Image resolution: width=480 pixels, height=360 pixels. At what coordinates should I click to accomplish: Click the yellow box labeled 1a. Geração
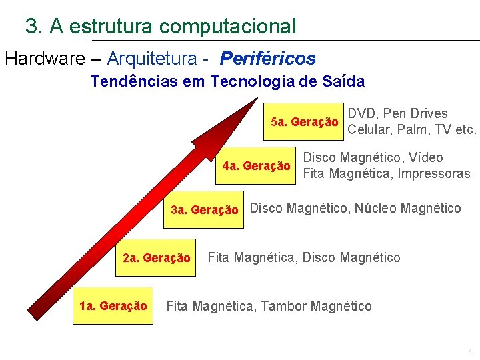[113, 306]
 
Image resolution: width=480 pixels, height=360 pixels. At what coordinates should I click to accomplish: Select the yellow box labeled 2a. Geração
[156, 258]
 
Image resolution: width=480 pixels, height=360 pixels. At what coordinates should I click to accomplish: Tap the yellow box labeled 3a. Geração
[204, 210]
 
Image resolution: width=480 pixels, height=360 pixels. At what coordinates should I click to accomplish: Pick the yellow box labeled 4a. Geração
[256, 166]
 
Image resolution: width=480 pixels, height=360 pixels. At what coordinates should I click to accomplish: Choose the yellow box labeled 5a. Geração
[305, 123]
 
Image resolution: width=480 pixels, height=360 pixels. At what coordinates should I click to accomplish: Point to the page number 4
[470, 352]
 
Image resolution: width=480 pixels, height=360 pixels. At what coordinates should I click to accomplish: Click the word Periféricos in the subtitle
[268, 59]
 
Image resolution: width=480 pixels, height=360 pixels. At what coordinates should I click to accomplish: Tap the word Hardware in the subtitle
[41, 59]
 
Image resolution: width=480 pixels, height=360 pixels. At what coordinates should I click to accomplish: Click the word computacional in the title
[228, 27]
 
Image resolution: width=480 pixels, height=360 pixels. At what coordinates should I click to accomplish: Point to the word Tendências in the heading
[126, 82]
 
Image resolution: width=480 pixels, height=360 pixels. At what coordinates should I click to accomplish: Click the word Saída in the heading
[343, 82]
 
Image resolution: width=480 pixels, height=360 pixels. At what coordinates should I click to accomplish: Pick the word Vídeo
[426, 158]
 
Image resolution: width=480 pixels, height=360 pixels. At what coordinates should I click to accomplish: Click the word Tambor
[283, 306]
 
